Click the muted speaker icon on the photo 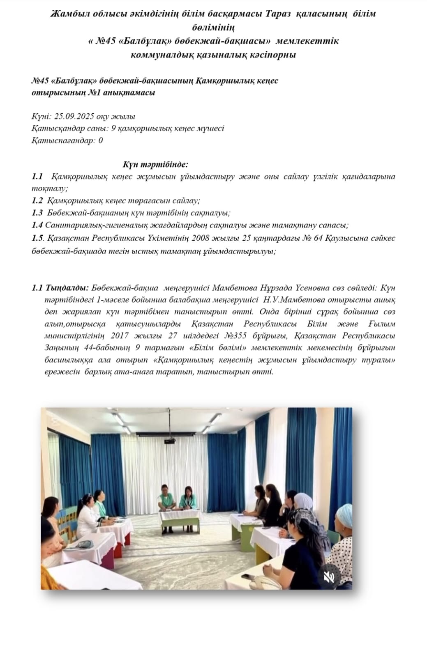[x=329, y=577]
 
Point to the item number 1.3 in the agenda [x=37, y=213]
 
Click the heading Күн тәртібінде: [x=155, y=165]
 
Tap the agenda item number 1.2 [x=37, y=201]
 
